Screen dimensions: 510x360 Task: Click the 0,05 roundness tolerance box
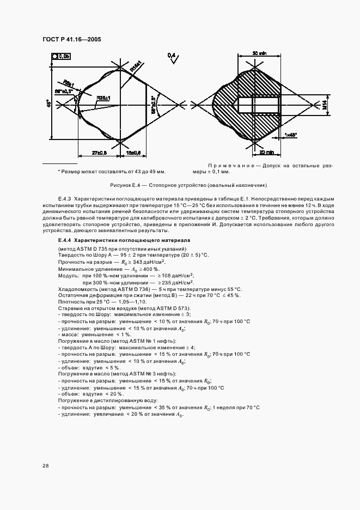(x=61, y=56)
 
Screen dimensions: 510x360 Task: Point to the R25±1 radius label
(x=103, y=98)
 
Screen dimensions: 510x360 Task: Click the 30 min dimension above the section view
(x=259, y=53)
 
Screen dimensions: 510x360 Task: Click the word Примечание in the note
(x=228, y=166)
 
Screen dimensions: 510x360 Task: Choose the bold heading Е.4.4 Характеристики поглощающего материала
(x=120, y=240)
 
